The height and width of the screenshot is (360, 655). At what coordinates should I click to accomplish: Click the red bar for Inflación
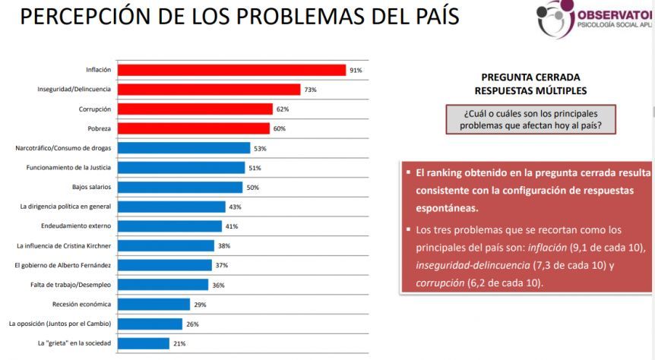click(232, 70)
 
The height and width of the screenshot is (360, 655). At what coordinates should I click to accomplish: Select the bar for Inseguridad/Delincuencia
click(209, 90)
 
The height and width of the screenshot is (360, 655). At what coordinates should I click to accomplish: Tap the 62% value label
click(283, 109)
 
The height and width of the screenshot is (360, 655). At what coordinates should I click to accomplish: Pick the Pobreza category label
click(99, 128)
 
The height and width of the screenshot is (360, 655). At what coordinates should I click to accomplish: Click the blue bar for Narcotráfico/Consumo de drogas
click(184, 148)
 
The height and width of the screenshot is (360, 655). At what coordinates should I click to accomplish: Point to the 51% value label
click(255, 168)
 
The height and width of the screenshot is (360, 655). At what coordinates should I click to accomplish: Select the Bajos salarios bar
click(180, 187)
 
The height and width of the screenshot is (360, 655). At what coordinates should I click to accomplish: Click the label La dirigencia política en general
click(65, 207)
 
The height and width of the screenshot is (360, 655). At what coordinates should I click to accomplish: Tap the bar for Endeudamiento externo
click(169, 226)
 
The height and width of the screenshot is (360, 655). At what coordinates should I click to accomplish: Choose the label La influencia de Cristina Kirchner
click(64, 245)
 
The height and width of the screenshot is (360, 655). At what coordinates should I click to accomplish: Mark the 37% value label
click(222, 265)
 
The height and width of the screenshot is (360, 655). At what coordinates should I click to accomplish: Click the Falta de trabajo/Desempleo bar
click(163, 284)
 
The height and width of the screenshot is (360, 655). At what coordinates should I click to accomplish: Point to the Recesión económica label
click(81, 304)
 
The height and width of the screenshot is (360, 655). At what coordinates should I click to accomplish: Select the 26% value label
click(192, 324)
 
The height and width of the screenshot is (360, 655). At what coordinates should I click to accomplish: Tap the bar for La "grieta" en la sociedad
click(144, 343)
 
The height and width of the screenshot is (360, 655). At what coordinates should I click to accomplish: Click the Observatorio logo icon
click(555, 18)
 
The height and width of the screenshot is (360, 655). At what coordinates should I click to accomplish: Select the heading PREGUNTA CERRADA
click(530, 77)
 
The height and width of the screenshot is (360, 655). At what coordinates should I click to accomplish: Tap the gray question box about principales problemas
click(530, 119)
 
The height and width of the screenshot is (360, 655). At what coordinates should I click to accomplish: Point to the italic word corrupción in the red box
click(440, 283)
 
